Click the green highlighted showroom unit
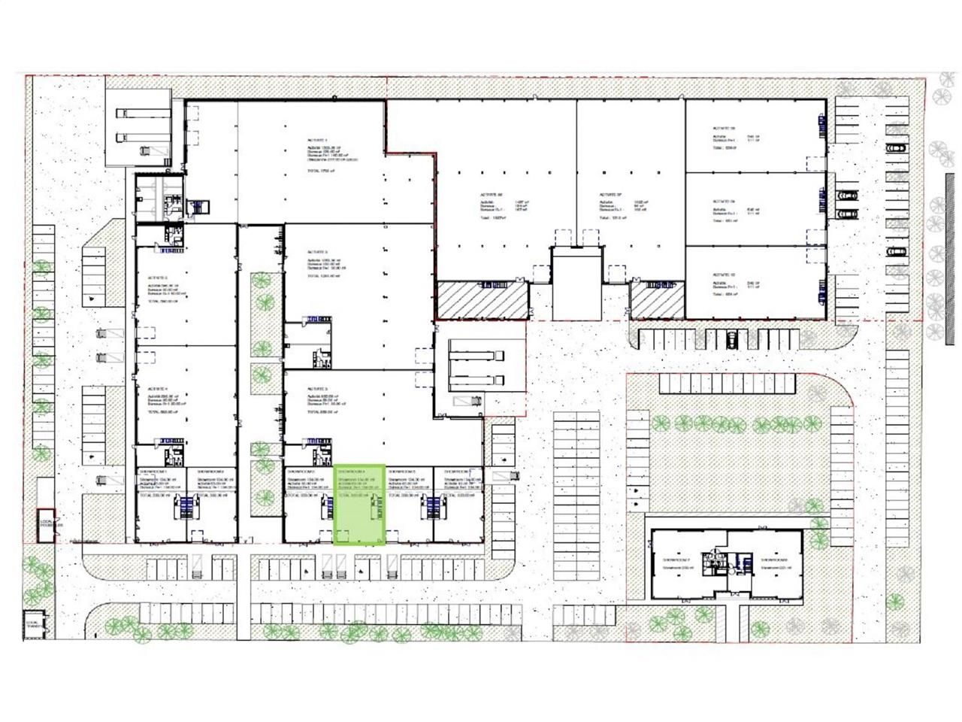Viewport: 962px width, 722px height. (359, 504)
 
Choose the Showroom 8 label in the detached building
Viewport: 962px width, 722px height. (774, 561)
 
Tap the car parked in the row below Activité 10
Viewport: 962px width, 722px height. (731, 339)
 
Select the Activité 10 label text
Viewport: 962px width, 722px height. (723, 275)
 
